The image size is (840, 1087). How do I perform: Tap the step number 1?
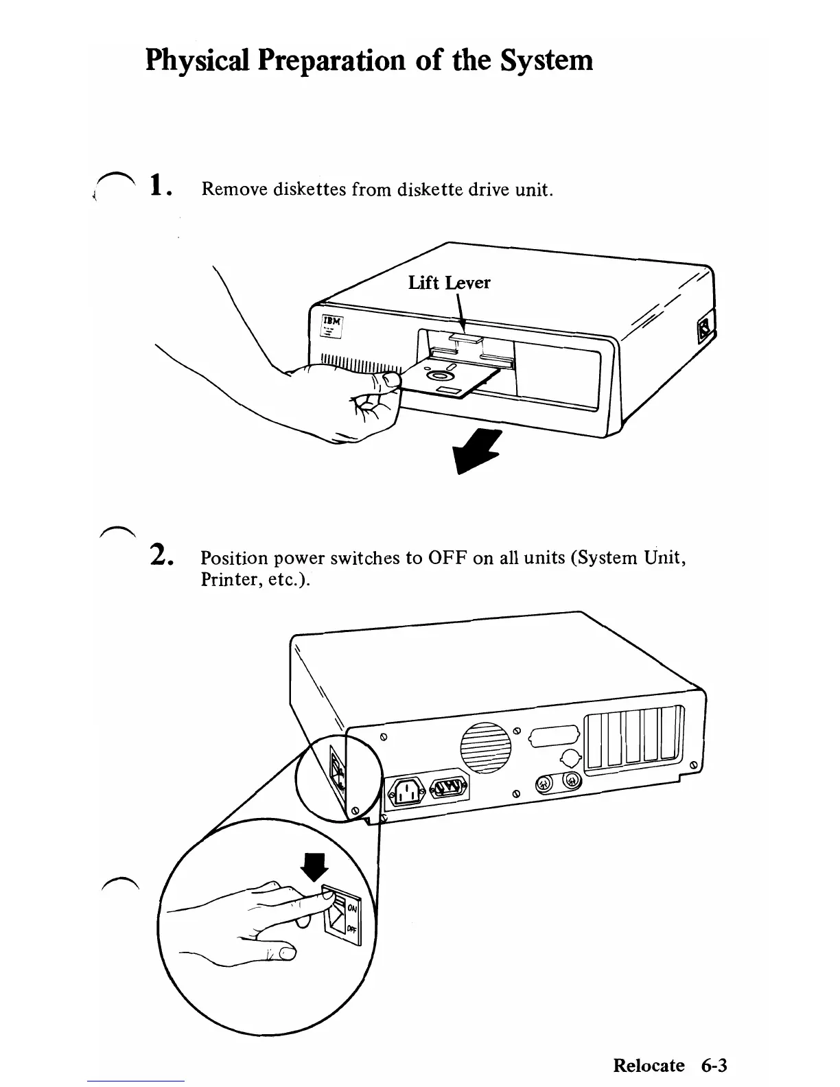coord(158,185)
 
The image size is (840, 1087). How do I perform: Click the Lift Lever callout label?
coord(449,283)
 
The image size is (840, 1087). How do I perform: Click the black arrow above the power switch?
coord(316,867)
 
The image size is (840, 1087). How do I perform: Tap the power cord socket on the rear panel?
coord(408,794)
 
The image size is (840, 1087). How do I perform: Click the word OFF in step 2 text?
coord(447,557)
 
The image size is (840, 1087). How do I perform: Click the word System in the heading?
coord(546,60)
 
